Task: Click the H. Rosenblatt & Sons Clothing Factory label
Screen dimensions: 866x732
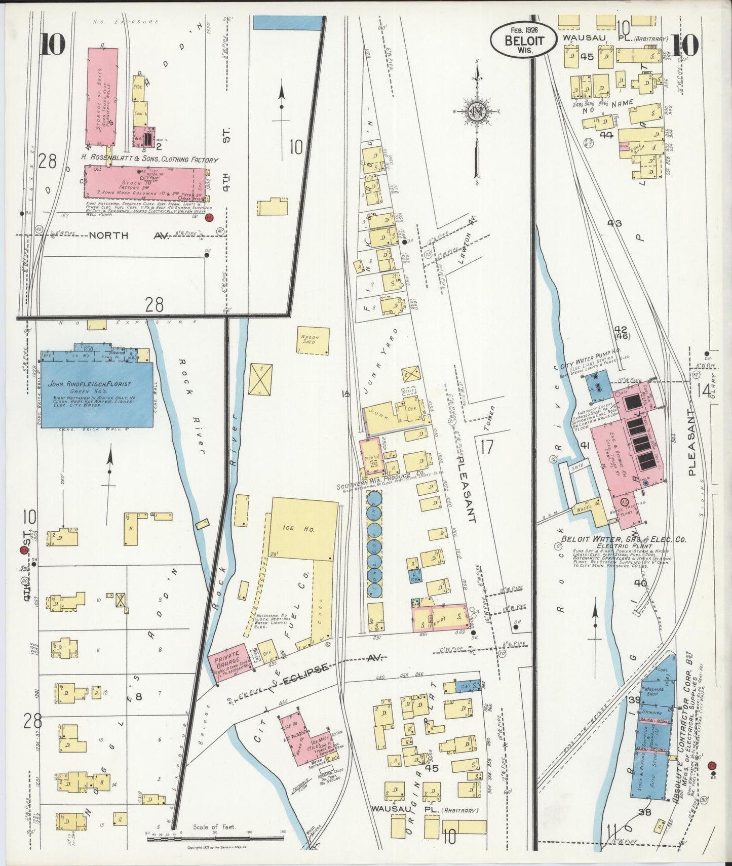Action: [x=150, y=160]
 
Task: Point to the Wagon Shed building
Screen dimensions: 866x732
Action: [x=313, y=340]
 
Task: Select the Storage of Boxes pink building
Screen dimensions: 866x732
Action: [x=103, y=96]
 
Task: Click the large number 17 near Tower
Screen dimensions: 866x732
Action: [x=487, y=448]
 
